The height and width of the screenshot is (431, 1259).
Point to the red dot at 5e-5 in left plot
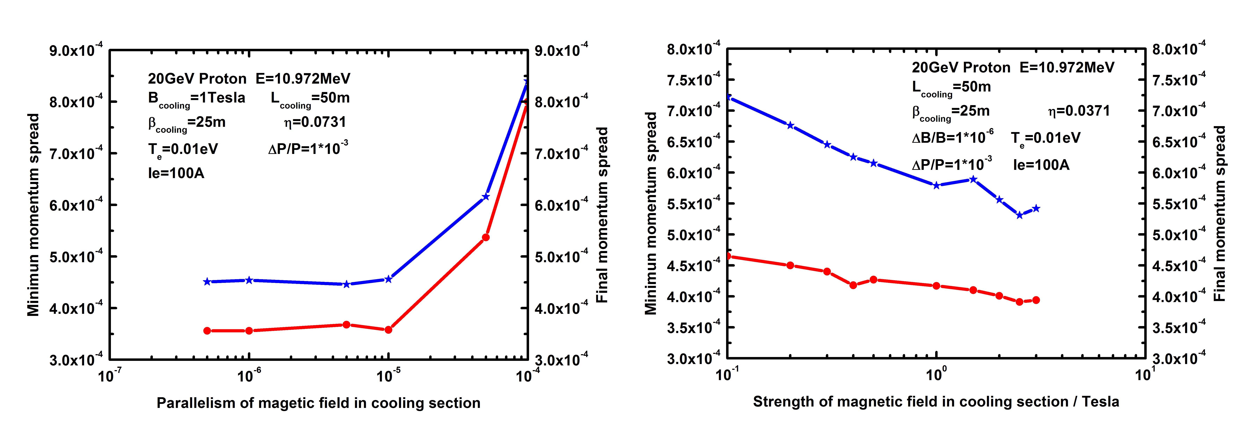click(x=485, y=237)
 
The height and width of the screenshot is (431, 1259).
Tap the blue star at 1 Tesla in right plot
click(x=936, y=185)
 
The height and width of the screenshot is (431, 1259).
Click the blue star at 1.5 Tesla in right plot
click(x=973, y=179)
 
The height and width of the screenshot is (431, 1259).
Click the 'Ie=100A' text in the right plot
click(x=1041, y=165)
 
